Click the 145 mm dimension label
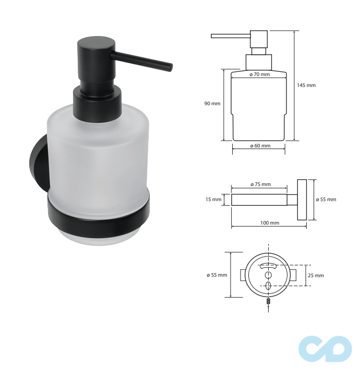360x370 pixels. point(306,85)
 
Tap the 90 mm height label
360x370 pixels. point(212,103)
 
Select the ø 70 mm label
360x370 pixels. point(260,75)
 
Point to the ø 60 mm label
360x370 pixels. point(260,146)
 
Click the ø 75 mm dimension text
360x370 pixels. point(261,184)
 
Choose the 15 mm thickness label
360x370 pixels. point(213,200)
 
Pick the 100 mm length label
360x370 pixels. point(270,223)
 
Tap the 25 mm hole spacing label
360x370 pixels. point(316,275)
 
